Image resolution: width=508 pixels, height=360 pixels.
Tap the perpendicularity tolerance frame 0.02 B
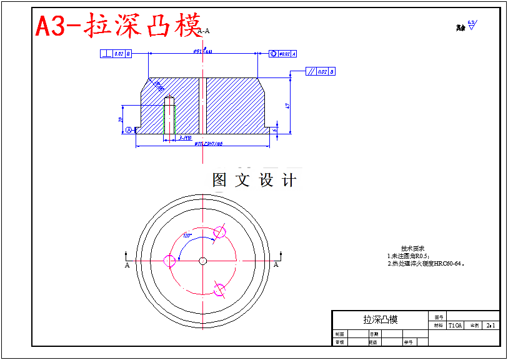(116, 54)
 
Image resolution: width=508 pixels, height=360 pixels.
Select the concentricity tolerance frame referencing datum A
(282, 54)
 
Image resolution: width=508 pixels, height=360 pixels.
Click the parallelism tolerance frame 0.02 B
(321, 72)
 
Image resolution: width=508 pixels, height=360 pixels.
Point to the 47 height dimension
(287, 106)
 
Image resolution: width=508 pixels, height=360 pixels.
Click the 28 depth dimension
(120, 119)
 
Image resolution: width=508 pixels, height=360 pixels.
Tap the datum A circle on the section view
(129, 130)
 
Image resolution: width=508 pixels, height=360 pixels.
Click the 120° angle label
(187, 236)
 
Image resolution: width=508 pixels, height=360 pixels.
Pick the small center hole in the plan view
(203, 261)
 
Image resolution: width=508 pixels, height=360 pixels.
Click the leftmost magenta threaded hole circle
(169, 261)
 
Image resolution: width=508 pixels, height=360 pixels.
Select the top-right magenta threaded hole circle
(219, 232)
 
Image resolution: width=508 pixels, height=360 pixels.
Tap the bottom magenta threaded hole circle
(219, 289)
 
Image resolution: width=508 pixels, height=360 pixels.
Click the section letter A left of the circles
(127, 265)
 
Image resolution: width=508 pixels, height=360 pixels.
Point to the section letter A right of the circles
(276, 265)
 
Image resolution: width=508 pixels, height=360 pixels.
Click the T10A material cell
(455, 326)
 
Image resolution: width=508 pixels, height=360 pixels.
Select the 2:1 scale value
(491, 326)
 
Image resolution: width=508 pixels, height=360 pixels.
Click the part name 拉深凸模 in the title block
(380, 319)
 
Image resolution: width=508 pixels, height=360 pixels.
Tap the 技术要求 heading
(412, 249)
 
